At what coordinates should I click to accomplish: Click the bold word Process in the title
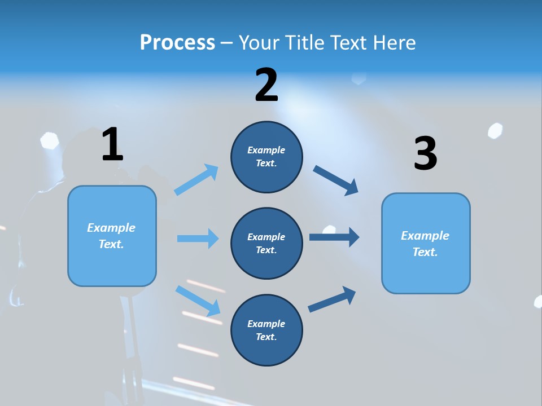[177, 42]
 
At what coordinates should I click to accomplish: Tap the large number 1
[112, 145]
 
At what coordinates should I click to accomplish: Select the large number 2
[266, 85]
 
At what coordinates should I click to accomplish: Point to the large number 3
[425, 154]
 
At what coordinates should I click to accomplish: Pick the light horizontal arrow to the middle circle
[198, 239]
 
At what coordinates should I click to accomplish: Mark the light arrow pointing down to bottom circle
[198, 300]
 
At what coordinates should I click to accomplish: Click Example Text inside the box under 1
[111, 236]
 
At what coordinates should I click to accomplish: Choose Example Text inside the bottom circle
[266, 330]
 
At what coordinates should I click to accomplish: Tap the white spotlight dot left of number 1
[50, 140]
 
